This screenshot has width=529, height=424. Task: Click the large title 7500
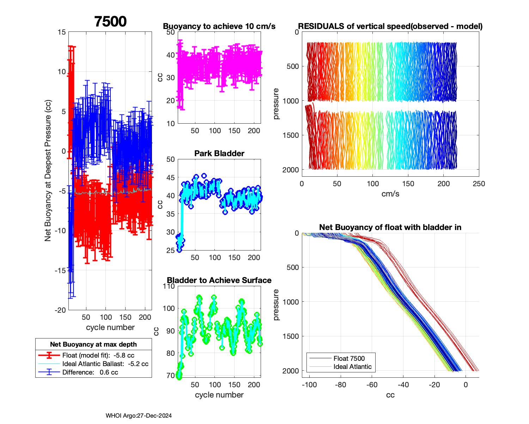(x=110, y=22)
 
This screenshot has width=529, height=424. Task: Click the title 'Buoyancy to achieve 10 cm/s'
(x=219, y=26)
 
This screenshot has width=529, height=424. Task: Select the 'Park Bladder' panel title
(x=219, y=153)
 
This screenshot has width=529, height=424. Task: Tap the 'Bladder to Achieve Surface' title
(x=219, y=280)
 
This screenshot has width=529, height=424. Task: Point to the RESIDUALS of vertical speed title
(x=390, y=26)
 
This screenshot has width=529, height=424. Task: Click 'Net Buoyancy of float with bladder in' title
(x=390, y=227)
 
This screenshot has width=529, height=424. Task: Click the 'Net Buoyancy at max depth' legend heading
(x=93, y=344)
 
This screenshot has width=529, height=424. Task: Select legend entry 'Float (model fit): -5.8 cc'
(x=98, y=355)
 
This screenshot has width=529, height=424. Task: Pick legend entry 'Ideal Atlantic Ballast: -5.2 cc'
(x=105, y=364)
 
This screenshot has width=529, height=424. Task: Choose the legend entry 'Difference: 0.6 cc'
(x=90, y=372)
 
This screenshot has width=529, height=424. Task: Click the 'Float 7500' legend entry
(x=349, y=358)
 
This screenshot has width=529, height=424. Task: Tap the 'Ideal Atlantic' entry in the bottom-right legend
(x=352, y=367)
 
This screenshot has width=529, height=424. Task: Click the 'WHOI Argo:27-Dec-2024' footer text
(x=139, y=416)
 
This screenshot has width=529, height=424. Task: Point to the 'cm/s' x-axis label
(x=390, y=194)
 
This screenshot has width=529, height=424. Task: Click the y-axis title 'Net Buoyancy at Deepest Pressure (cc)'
(x=48, y=171)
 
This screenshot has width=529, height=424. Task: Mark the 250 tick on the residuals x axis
(x=479, y=184)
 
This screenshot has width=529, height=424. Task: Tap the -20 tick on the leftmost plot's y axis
(x=60, y=310)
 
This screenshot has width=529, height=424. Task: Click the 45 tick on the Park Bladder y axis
(x=170, y=177)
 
